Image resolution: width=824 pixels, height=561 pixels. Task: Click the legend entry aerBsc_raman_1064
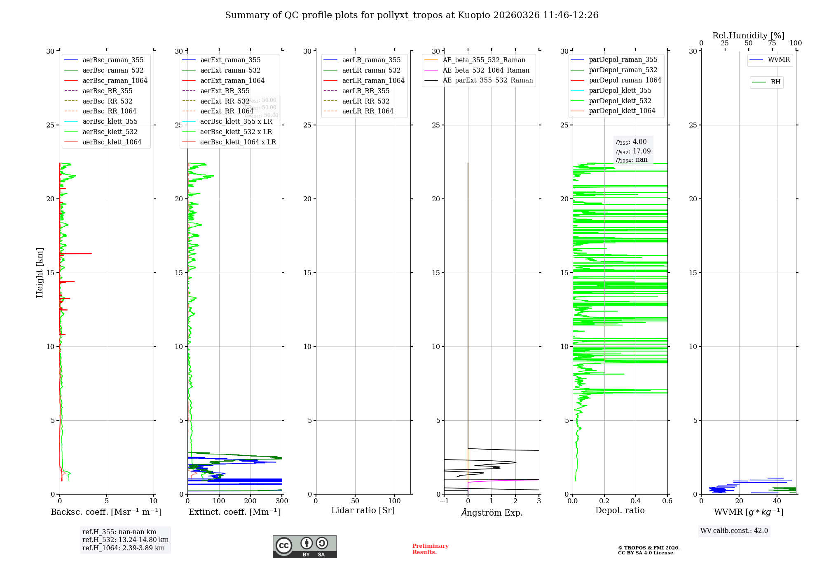[x=115, y=80]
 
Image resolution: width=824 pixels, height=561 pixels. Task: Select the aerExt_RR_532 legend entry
[x=225, y=101]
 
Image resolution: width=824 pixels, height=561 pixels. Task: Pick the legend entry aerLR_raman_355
[x=371, y=60]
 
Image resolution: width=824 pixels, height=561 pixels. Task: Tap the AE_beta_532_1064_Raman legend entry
[x=486, y=70]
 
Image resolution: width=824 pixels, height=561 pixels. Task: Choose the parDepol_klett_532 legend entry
[x=620, y=101]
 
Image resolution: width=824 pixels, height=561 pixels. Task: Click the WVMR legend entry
[x=778, y=60]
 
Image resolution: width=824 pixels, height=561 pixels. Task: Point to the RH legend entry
[x=775, y=82]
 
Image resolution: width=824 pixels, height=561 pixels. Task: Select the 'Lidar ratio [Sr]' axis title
[x=363, y=510]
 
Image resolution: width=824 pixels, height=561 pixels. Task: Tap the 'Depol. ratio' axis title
[x=620, y=510]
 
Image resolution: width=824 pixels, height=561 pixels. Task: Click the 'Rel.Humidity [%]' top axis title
[x=748, y=35]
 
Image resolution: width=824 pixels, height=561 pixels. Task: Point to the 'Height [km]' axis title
[x=40, y=273]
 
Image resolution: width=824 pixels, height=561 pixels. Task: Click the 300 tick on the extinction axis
[x=282, y=501]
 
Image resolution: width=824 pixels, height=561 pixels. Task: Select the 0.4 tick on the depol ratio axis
[x=636, y=501]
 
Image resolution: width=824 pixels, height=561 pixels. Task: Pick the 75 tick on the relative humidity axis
[x=772, y=43]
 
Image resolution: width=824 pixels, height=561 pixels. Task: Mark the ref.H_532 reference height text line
[x=125, y=540]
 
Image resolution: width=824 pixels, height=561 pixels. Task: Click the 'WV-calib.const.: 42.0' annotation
[x=734, y=531]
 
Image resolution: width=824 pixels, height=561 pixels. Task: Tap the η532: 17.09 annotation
[x=633, y=151]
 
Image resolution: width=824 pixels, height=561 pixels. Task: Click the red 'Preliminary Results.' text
[x=430, y=549]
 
